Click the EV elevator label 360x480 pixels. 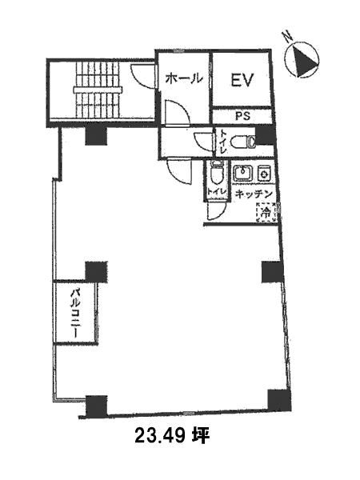[x=242, y=80]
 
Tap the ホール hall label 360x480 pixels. [x=184, y=79]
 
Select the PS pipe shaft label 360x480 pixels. [x=242, y=116]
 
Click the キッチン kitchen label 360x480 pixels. [x=254, y=194]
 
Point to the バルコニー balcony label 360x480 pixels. [x=75, y=313]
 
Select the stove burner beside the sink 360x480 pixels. [x=263, y=173]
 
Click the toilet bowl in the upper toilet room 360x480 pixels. [x=242, y=142]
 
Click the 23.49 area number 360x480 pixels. [x=160, y=436]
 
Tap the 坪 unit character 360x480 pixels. [x=201, y=435]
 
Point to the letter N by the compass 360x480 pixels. [x=288, y=37]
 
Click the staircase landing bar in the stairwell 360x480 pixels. [x=98, y=90]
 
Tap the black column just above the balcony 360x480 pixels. [x=96, y=272]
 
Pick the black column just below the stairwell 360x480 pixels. [x=96, y=136]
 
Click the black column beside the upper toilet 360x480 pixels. [x=265, y=136]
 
